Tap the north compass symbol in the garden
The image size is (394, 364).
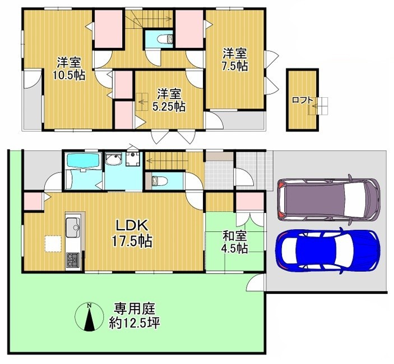coord(89,316)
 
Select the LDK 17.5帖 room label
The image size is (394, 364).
coord(132,233)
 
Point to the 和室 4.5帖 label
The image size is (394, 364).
coord(235,242)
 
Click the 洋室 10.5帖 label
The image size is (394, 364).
coord(69,69)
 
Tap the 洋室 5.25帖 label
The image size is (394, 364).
coord(169,100)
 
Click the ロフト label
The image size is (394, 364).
coord(303,100)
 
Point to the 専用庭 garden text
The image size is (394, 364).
coord(135,308)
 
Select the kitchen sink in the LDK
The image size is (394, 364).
coord(73,228)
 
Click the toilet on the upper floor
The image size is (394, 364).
coord(165,39)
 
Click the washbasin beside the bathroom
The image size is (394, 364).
coord(113,159)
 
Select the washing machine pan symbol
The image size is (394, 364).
coord(132,160)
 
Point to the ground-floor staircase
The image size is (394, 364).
coord(166,161)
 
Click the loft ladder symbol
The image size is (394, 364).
coord(318,106)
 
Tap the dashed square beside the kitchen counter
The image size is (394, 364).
coord(53,243)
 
